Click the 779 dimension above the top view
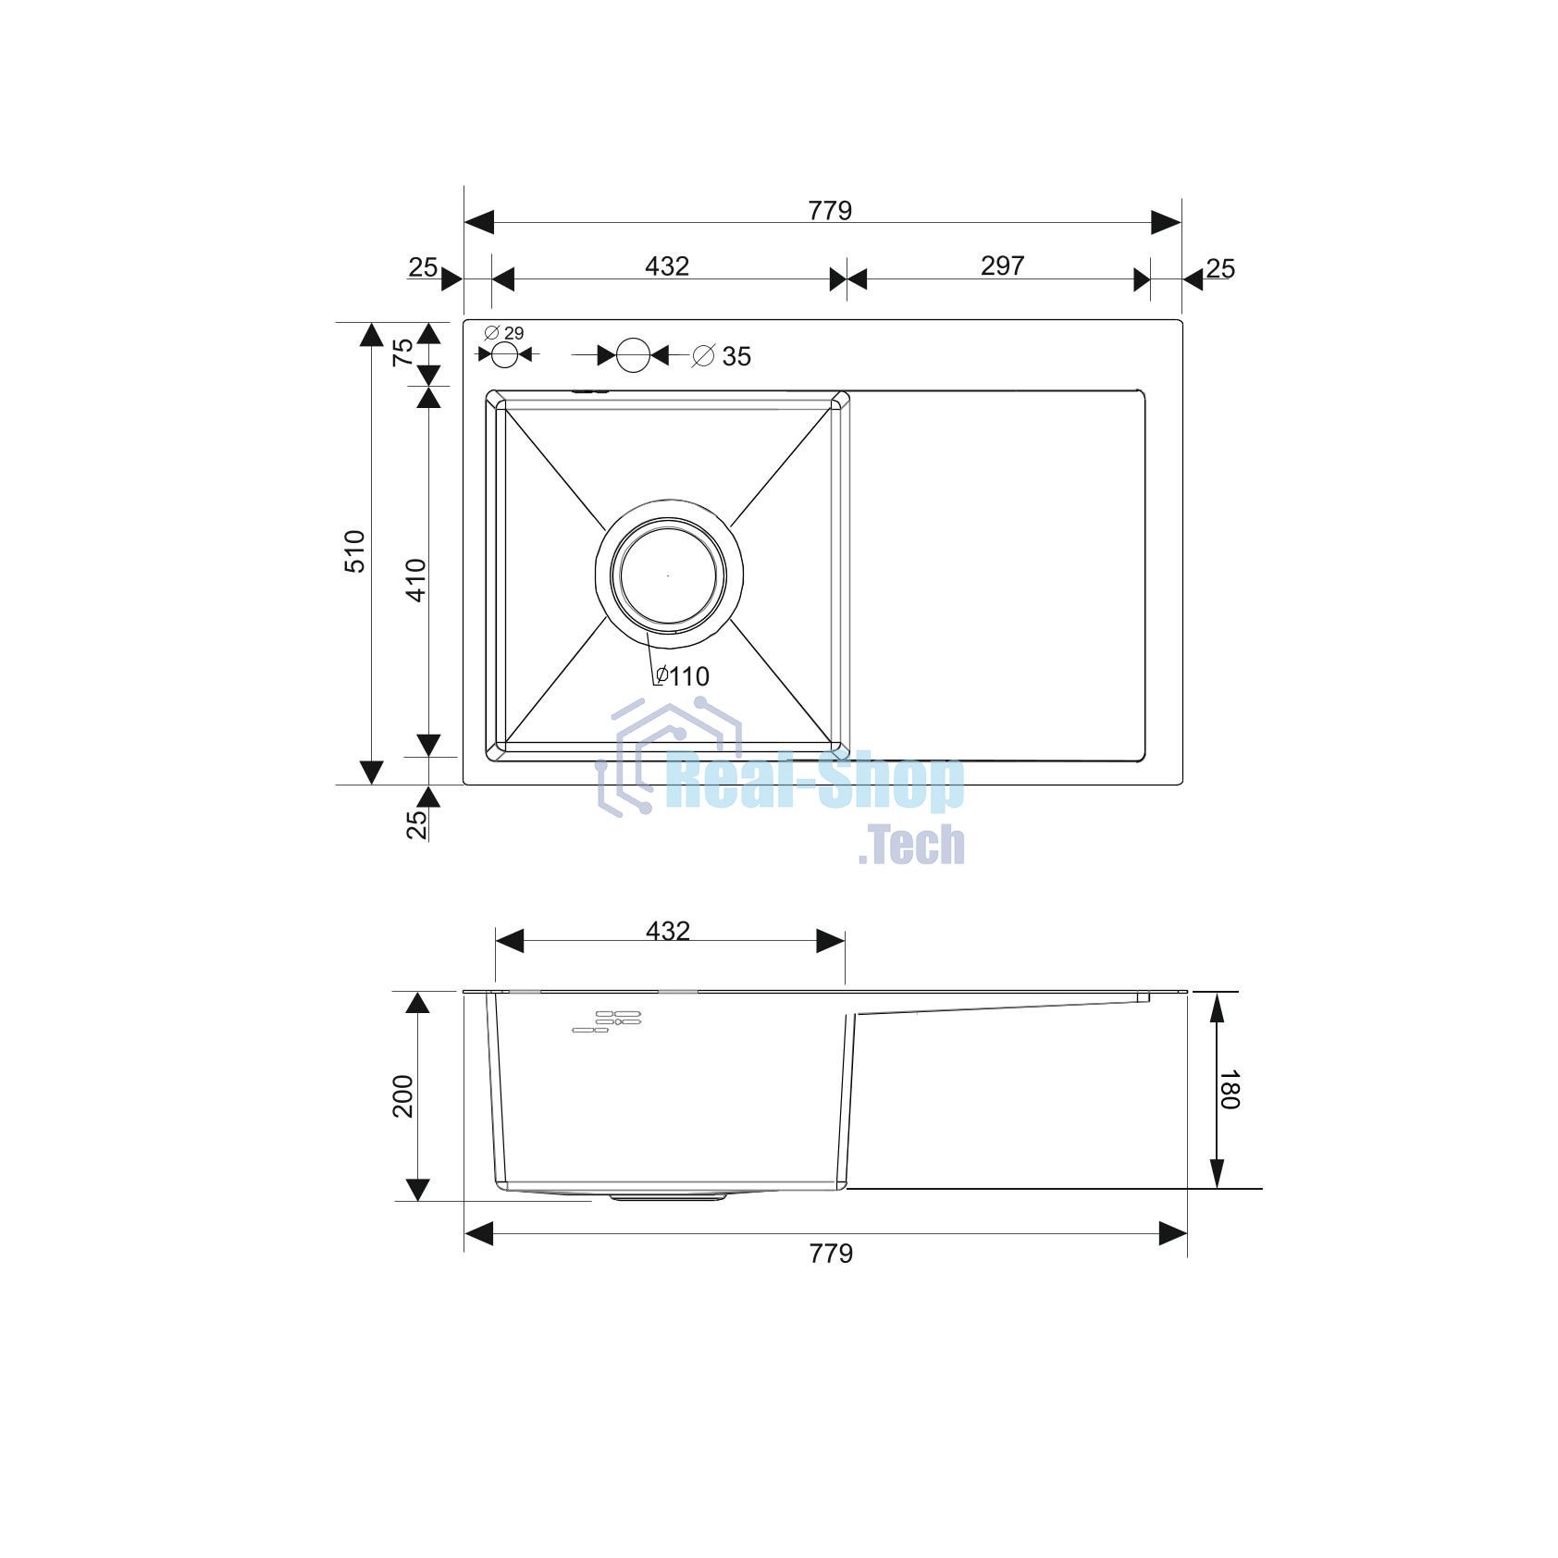point(830,211)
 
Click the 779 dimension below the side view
point(831,1254)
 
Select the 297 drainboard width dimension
point(1002,266)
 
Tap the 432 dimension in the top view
point(667,266)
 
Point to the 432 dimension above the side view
point(668,931)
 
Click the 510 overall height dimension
point(355,551)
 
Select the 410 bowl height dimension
point(416,580)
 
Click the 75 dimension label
point(403,352)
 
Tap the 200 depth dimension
point(403,1096)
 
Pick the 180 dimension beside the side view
point(1229,1090)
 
